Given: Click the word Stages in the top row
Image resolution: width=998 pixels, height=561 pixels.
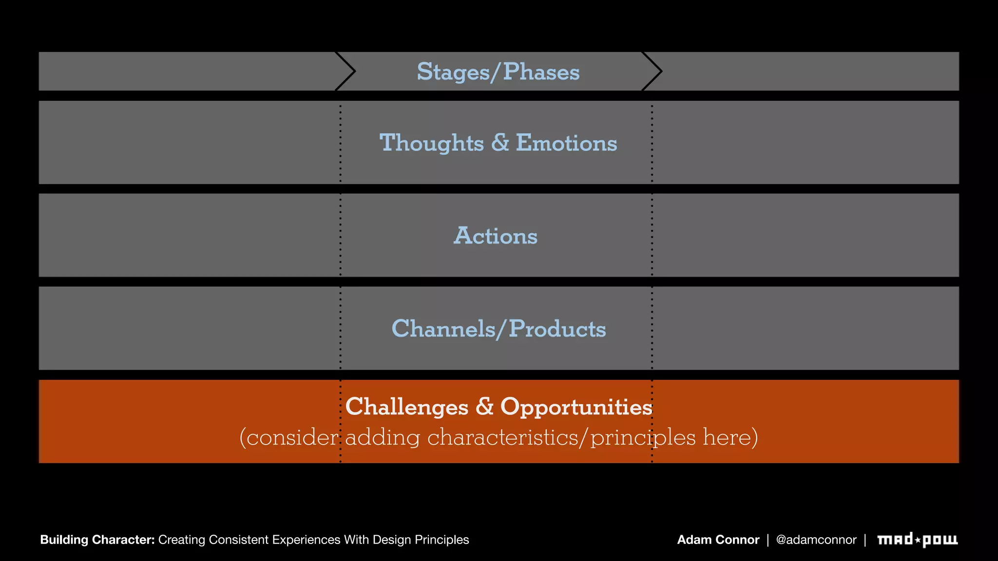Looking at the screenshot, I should click(x=453, y=72).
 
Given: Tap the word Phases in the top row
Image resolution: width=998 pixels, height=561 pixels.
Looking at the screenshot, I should click(x=541, y=72).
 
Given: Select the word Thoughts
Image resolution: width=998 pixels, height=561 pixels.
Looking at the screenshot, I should click(x=431, y=143).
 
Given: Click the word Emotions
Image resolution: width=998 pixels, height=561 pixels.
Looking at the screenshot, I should click(x=566, y=143).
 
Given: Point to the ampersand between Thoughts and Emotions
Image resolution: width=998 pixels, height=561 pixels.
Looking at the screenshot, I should click(x=500, y=143).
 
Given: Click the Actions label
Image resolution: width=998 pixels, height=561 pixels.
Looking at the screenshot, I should click(x=496, y=236).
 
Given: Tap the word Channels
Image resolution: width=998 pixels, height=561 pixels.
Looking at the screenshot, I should click(x=443, y=329).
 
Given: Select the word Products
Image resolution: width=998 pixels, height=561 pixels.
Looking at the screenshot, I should click(x=557, y=329).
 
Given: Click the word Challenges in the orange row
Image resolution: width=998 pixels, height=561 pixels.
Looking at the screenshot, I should click(x=406, y=407).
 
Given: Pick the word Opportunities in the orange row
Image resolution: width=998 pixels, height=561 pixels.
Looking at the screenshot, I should click(x=576, y=407).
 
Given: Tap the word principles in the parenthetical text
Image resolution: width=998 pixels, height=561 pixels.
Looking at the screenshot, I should click(x=643, y=437).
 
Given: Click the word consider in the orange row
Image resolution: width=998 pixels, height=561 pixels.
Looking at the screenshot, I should click(x=291, y=437).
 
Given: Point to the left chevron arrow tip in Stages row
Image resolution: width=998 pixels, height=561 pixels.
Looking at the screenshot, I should click(x=354, y=72).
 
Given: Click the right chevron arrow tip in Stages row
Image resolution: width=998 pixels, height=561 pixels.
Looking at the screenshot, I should click(x=661, y=72).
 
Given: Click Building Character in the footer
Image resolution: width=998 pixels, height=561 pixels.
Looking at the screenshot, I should click(x=97, y=540).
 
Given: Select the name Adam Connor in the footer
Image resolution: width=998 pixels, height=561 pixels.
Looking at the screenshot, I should click(x=718, y=540).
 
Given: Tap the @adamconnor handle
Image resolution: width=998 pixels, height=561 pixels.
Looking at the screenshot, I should click(x=816, y=540).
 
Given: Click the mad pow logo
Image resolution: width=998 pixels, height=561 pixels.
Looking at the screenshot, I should click(x=917, y=540).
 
